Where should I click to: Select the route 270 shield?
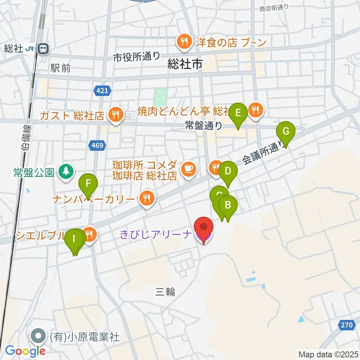pos(347,325)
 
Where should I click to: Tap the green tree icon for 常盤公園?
pos(66,172)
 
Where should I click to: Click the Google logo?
pos(25,351)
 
